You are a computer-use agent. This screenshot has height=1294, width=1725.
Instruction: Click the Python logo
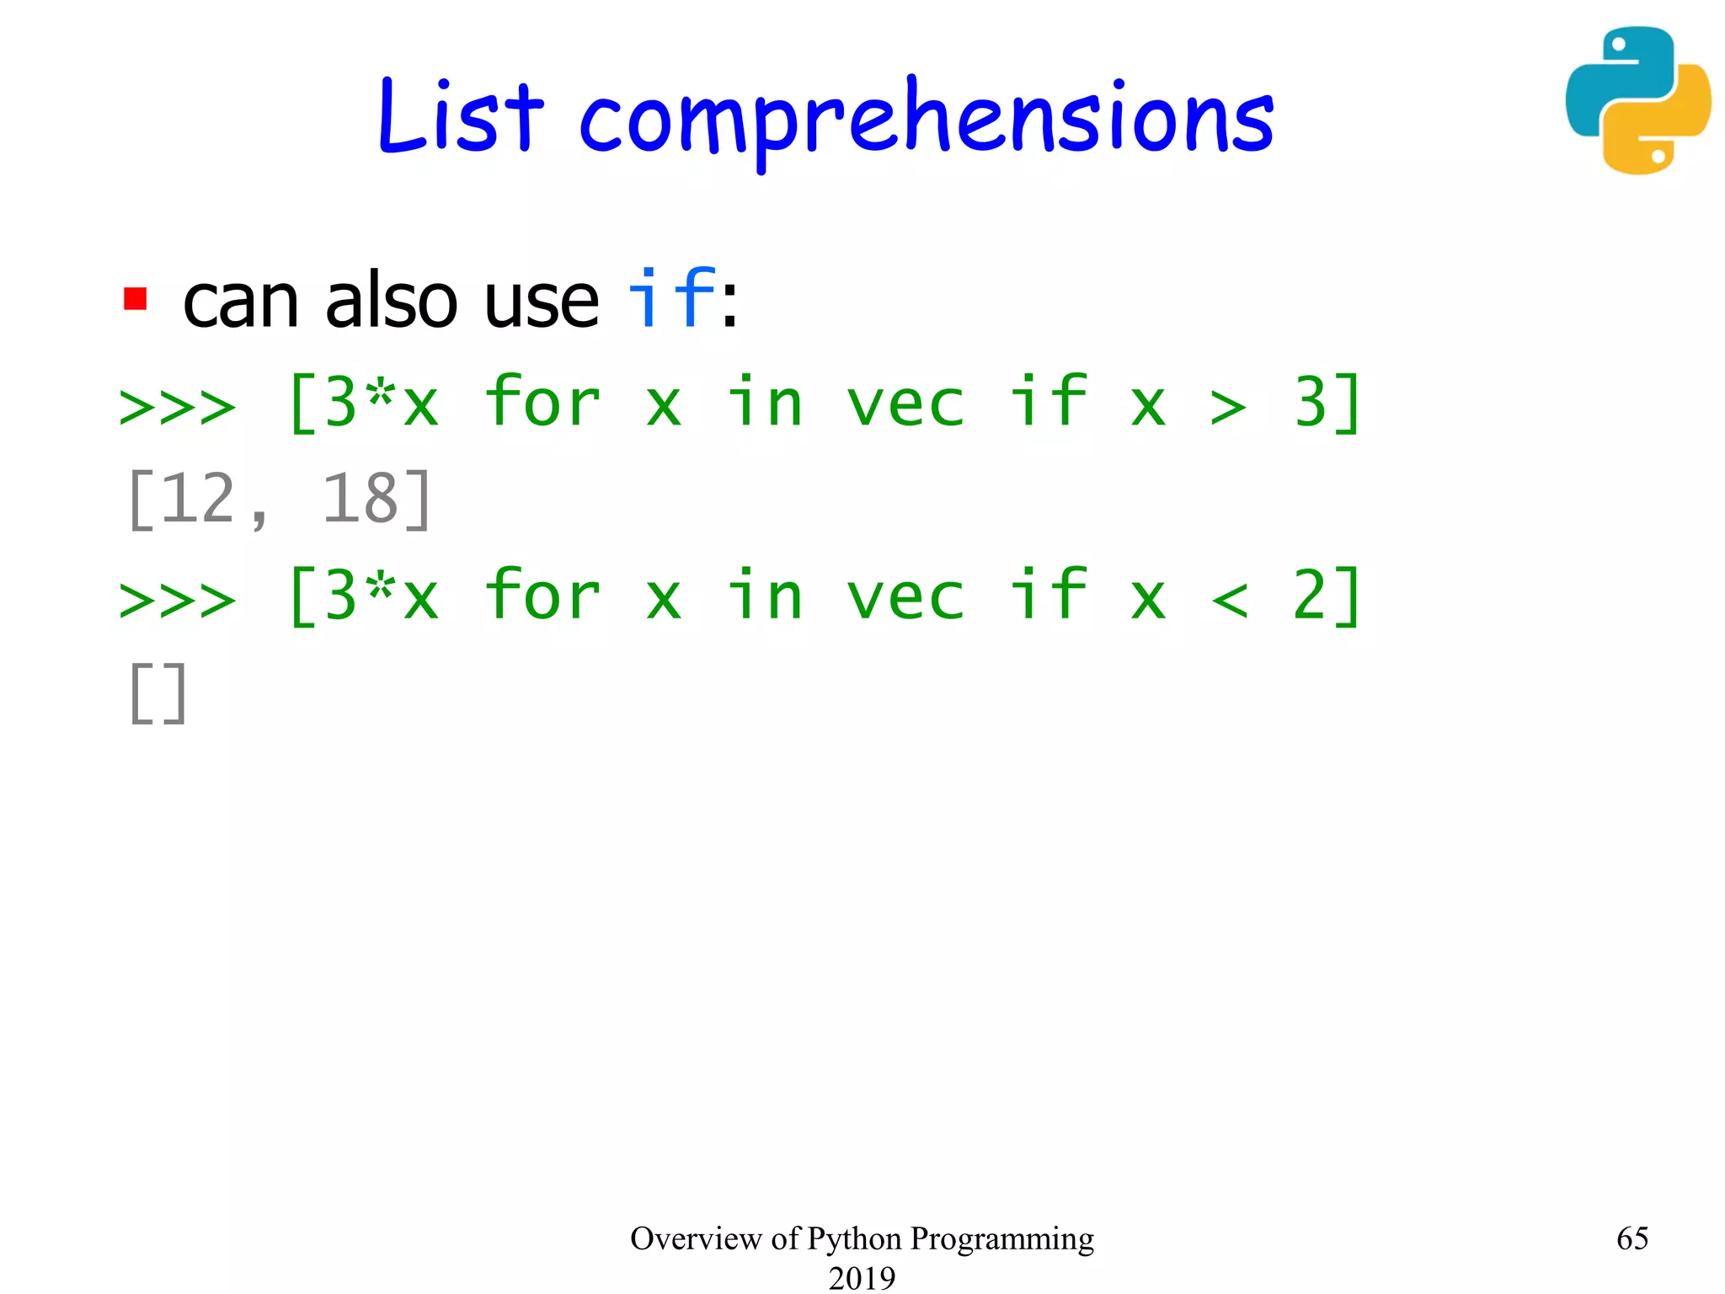[x=1637, y=100]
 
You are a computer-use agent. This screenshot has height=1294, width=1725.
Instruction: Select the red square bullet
[x=135, y=299]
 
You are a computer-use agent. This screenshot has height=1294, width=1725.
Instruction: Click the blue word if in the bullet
[x=671, y=298]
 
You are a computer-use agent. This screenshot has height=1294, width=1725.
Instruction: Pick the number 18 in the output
[x=360, y=499]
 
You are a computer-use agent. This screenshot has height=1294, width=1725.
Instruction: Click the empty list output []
[x=158, y=692]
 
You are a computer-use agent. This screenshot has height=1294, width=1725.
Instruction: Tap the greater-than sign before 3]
[x=1227, y=407]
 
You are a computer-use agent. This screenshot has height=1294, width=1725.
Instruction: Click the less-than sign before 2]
[x=1229, y=599]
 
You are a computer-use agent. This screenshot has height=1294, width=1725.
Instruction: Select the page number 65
[x=1632, y=1238]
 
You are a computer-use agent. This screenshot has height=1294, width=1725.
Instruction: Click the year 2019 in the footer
[x=862, y=1277]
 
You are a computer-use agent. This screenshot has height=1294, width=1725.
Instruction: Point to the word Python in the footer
[x=854, y=1239]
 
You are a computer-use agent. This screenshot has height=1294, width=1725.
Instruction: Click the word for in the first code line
[x=542, y=403]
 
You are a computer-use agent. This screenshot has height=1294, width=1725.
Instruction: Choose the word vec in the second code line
[x=905, y=596]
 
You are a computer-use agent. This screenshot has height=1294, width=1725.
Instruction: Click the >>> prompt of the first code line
[x=178, y=407]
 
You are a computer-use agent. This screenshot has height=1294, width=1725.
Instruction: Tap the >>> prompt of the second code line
[x=178, y=599]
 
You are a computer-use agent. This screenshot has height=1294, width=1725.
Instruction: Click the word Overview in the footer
[x=696, y=1238]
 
